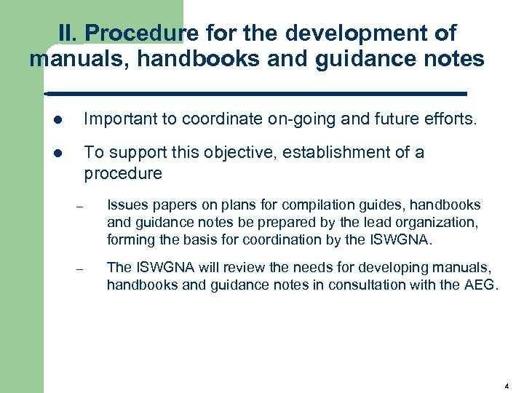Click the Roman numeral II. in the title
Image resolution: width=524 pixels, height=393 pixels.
[x=68, y=33]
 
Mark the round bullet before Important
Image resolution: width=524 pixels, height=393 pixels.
[x=57, y=119]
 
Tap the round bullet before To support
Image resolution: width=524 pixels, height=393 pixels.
[x=57, y=153]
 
